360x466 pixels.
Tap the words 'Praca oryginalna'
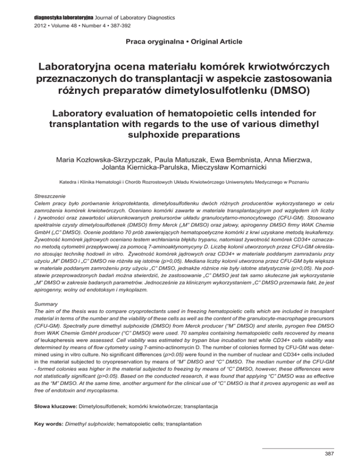(x=146, y=42)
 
